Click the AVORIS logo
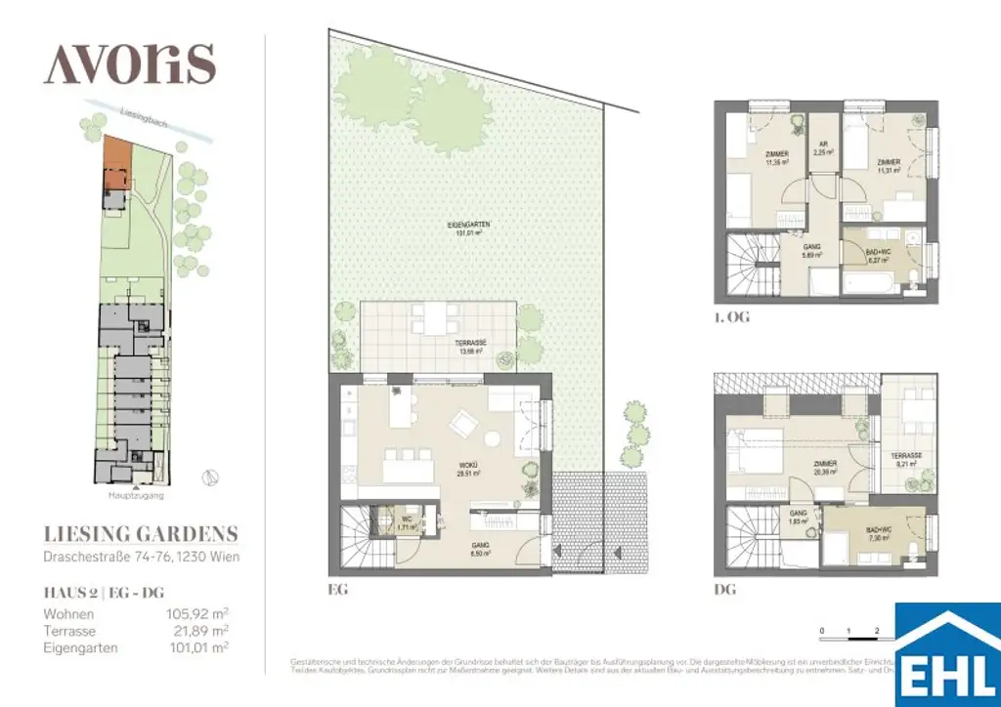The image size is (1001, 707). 129,64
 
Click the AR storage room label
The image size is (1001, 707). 823,148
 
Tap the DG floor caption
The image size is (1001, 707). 724,591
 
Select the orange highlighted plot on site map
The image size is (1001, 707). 116,161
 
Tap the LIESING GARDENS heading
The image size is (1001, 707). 141,533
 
